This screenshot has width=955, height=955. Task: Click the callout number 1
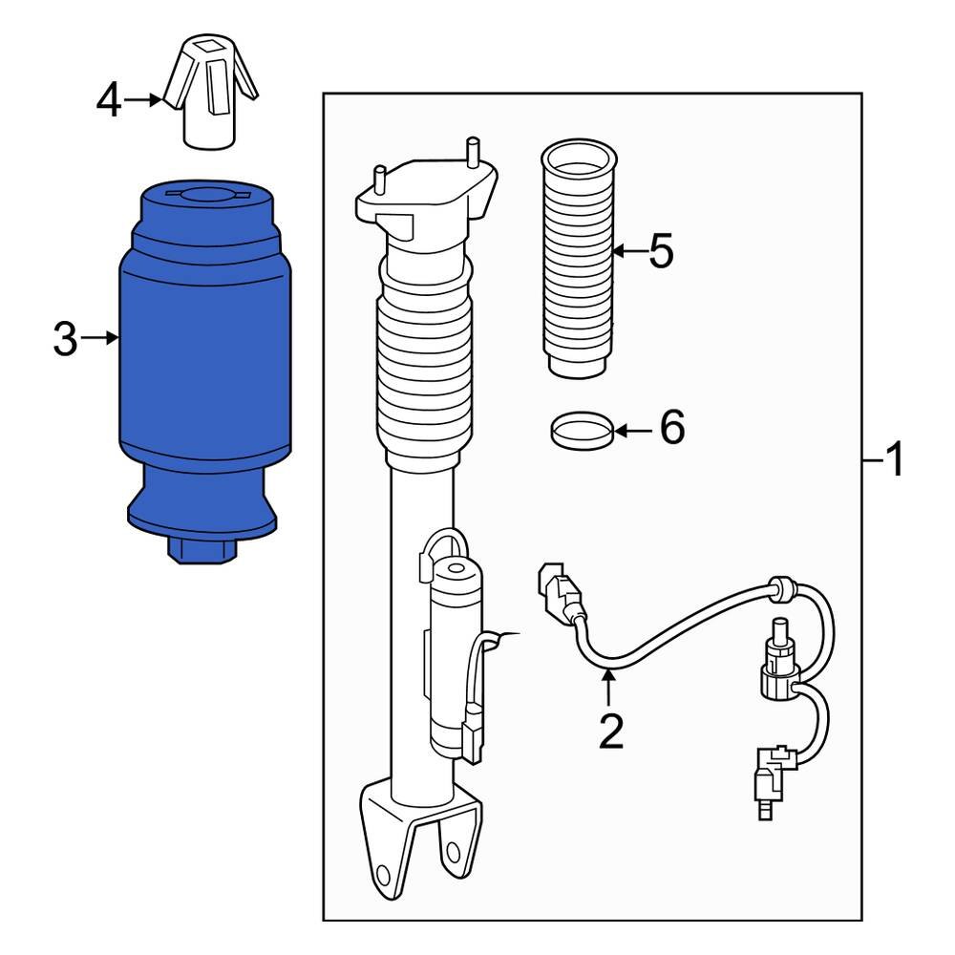(894, 462)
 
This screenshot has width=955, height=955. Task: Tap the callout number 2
(610, 731)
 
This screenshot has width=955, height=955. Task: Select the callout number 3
(64, 339)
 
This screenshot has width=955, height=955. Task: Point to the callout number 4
(110, 100)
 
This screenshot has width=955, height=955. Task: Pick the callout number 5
(660, 252)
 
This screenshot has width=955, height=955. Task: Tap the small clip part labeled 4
(209, 95)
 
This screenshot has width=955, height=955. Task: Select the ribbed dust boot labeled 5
(576, 258)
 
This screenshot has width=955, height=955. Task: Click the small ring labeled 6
(581, 430)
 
